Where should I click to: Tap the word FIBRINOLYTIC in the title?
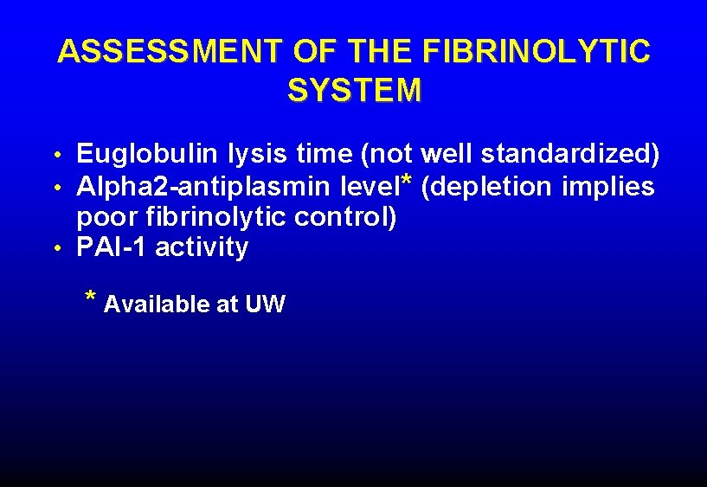point(537,52)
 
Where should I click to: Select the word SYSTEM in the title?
point(355,91)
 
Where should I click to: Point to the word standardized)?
point(571,155)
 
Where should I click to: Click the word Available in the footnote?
point(157,304)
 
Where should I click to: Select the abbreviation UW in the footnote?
point(266,304)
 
